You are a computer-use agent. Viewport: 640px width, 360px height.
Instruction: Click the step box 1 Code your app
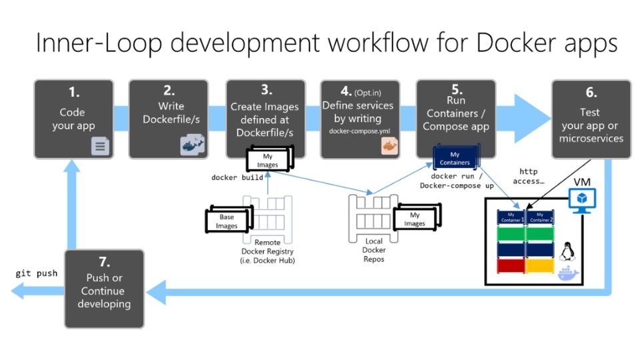(x=73, y=119)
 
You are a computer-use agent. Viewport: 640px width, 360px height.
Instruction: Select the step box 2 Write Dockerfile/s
(x=168, y=119)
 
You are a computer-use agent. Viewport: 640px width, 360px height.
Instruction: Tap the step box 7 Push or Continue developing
(x=104, y=289)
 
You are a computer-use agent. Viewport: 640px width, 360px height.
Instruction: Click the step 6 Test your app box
(x=591, y=119)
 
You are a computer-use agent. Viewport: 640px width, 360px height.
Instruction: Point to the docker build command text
(x=237, y=178)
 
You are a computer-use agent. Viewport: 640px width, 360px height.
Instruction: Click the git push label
(x=37, y=273)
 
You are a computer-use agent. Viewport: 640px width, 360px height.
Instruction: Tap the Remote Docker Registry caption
(x=267, y=251)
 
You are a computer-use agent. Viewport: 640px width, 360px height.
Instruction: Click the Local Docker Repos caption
(x=373, y=250)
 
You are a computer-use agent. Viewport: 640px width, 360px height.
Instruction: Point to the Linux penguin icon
(x=569, y=251)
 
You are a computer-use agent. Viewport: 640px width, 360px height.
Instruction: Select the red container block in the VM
(x=511, y=265)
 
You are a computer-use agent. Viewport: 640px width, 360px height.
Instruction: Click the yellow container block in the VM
(x=540, y=265)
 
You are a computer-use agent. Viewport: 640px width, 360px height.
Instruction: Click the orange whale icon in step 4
(x=389, y=146)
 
